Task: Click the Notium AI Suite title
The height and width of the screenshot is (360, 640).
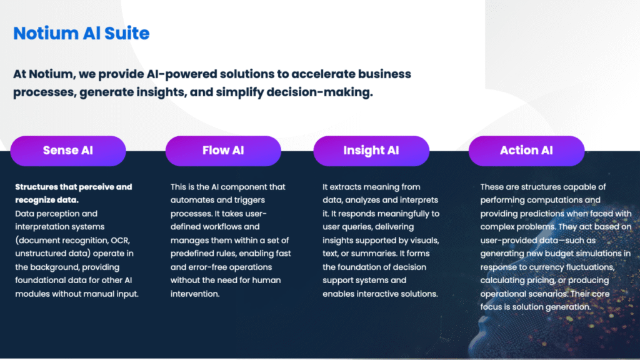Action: tap(81, 33)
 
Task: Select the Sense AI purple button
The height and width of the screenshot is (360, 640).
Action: tap(68, 151)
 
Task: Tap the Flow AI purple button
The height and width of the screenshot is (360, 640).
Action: tap(223, 151)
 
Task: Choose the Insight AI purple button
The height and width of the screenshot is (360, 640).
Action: tap(371, 151)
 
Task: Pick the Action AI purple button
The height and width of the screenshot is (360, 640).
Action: tap(526, 151)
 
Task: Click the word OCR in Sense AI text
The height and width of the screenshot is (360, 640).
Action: tap(121, 241)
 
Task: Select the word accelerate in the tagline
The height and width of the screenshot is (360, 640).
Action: tap(323, 74)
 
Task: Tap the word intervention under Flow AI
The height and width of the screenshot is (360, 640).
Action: tap(195, 294)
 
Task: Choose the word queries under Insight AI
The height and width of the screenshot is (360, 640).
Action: tap(357, 227)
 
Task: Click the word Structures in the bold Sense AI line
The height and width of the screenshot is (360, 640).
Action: tap(36, 187)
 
